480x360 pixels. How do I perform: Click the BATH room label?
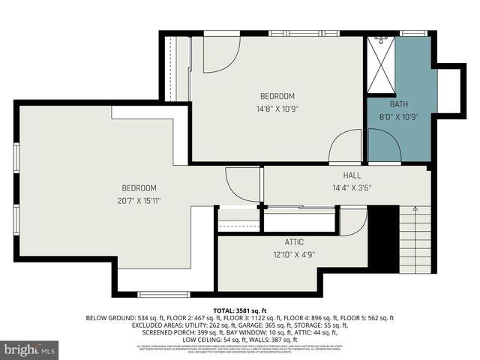(398, 104)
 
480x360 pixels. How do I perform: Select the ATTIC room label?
(293, 242)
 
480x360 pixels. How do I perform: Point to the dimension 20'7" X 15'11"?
(139, 200)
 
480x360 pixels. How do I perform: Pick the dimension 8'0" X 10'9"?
(398, 116)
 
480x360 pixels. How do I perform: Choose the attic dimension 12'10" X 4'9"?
(293, 255)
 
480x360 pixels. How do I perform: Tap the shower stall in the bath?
(380, 66)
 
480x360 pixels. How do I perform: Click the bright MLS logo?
(30, 349)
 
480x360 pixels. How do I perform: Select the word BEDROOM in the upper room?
(277, 96)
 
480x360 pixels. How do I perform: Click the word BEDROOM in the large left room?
(139, 187)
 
